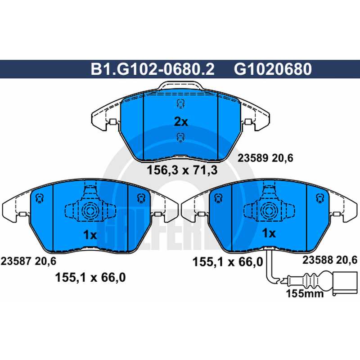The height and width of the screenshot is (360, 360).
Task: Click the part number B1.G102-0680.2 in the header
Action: coord(153,69)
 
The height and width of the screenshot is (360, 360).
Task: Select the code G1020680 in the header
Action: coord(273,69)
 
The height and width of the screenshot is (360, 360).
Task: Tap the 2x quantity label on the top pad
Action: coord(181,121)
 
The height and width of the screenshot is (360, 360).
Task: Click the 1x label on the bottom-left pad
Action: coord(90,234)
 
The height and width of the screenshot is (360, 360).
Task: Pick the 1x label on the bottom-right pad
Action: coord(269,233)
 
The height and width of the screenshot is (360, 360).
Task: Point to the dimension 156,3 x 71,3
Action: coord(182,171)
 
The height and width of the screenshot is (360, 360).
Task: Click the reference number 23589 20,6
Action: coord(265,158)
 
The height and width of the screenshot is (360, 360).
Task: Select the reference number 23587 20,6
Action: coord(28,261)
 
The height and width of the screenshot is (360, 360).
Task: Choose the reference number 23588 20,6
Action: coord(330,260)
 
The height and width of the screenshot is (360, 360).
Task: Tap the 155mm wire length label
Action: coord(305,293)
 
